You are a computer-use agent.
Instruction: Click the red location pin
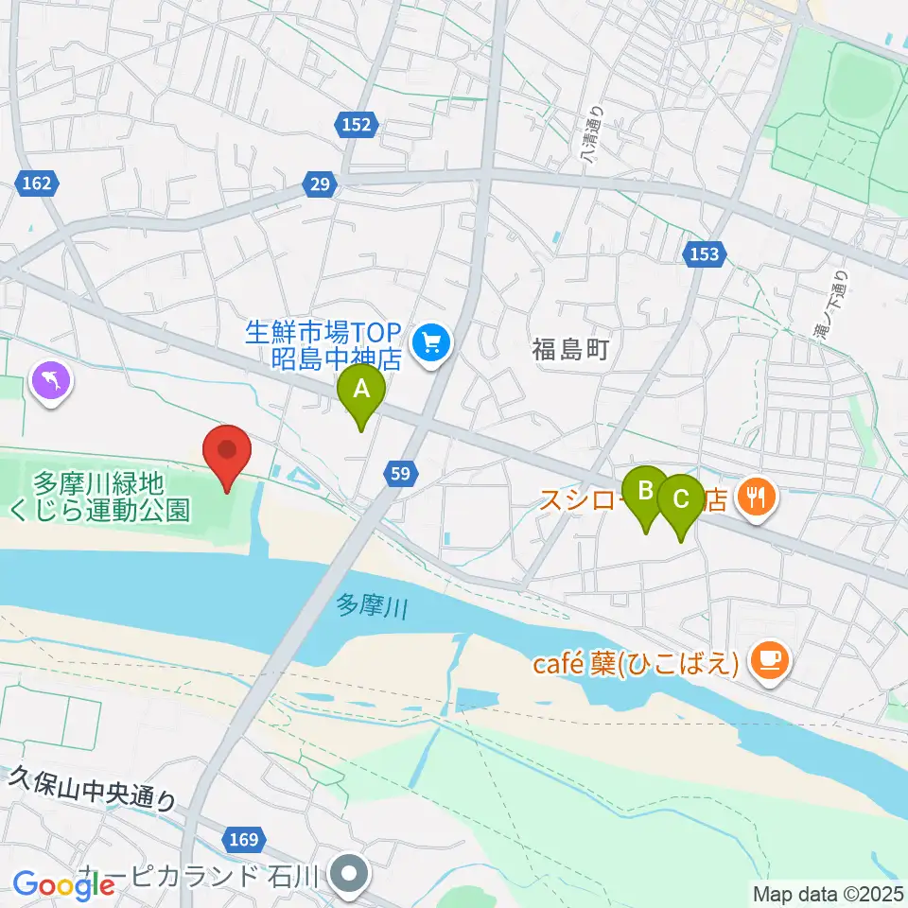tap(228, 453)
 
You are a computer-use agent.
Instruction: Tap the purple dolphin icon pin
tap(52, 382)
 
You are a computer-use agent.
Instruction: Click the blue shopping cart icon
tap(433, 340)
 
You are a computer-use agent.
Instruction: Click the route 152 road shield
tap(356, 123)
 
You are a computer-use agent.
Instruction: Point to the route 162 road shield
tap(37, 183)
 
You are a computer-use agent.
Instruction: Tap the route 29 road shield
tap(321, 184)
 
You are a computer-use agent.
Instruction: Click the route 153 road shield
tap(705, 253)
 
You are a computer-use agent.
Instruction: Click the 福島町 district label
tap(567, 351)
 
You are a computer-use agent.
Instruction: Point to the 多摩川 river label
tap(372, 605)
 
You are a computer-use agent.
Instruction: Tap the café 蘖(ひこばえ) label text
tap(635, 664)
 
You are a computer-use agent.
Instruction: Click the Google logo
tap(64, 885)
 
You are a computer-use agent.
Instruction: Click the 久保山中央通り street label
tap(93, 788)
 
